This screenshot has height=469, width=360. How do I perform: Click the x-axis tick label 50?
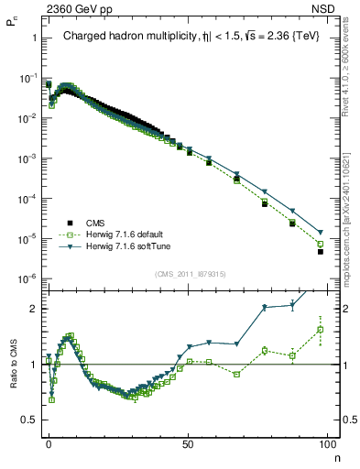pyautogui.click(x=188, y=442)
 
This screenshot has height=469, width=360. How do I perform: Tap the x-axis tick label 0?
pyautogui.click(x=49, y=442)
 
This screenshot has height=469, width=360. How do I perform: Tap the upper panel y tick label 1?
pyautogui.click(x=33, y=38)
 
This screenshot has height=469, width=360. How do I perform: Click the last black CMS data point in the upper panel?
pyautogui.click(x=321, y=251)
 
